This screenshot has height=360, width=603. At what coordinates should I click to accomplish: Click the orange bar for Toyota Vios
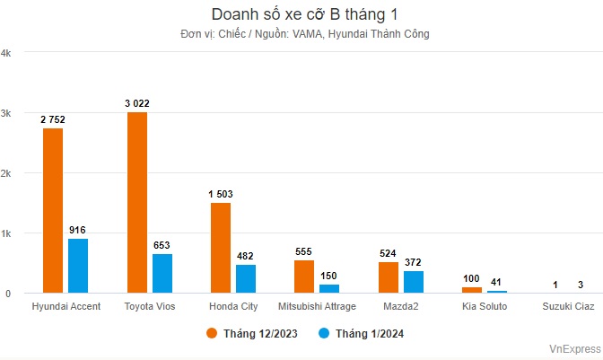point(137,202)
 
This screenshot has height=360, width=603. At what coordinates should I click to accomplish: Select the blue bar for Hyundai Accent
point(78,265)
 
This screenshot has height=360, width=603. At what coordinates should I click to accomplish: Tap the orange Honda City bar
point(221,247)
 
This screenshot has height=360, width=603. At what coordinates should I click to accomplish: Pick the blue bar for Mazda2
point(413,282)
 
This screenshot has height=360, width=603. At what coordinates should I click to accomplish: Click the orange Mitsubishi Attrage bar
point(304,277)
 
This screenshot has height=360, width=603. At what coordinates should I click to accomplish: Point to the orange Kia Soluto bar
point(472,290)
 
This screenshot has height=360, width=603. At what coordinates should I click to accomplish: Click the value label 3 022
point(137,103)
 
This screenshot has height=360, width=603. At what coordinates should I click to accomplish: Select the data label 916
point(78,230)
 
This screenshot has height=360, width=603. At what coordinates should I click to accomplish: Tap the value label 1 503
point(221,194)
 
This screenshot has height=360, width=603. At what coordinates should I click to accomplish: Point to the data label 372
point(413,262)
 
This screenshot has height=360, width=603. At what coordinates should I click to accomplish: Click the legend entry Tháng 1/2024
point(361,333)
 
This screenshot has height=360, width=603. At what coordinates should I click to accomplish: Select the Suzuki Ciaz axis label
point(568,307)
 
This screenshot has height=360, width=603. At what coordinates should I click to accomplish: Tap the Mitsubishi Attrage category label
point(317,307)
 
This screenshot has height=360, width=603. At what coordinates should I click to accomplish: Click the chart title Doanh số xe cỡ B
point(301,15)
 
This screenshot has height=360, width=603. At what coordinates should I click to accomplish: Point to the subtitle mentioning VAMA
point(301,34)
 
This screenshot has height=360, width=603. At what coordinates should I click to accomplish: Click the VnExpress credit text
point(575,348)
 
